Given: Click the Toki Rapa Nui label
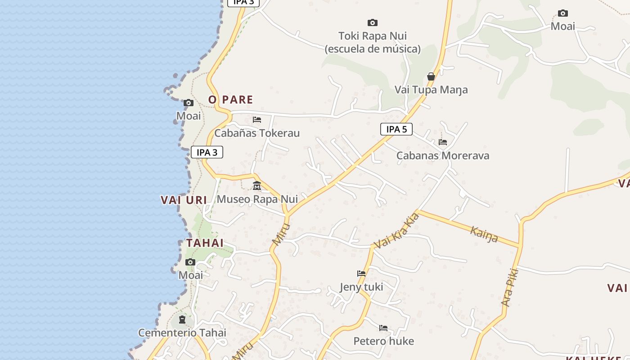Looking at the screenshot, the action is coord(373,36).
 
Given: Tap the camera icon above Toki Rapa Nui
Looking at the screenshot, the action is coord(373,22).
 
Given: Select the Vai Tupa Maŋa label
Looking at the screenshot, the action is coord(431,90).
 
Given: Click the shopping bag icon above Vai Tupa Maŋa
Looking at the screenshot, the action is coord(431,76).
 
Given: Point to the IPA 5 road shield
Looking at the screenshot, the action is coord(396,129).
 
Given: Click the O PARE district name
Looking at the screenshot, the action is coord(230,99).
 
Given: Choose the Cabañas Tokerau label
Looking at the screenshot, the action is coord(257,133).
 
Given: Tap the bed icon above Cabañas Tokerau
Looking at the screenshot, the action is coord(257,120).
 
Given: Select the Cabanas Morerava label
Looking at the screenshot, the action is coord(443,156).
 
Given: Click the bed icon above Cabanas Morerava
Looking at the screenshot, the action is coord(443,142).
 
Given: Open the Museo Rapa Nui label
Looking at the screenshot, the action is coord(257,199).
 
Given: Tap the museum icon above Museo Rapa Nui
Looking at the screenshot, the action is coord(257,185).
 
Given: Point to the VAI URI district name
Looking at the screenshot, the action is coord(184,200).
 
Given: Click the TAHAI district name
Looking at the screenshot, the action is coord(205,243).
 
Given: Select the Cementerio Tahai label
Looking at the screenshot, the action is coord(182,333).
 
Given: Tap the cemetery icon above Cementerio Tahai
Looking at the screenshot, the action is coord(182,319).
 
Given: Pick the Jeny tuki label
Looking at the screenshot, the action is coord(361,287).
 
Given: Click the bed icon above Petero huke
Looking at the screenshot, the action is coord(383,328).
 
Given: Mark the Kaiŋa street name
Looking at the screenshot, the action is coord(484,234).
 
